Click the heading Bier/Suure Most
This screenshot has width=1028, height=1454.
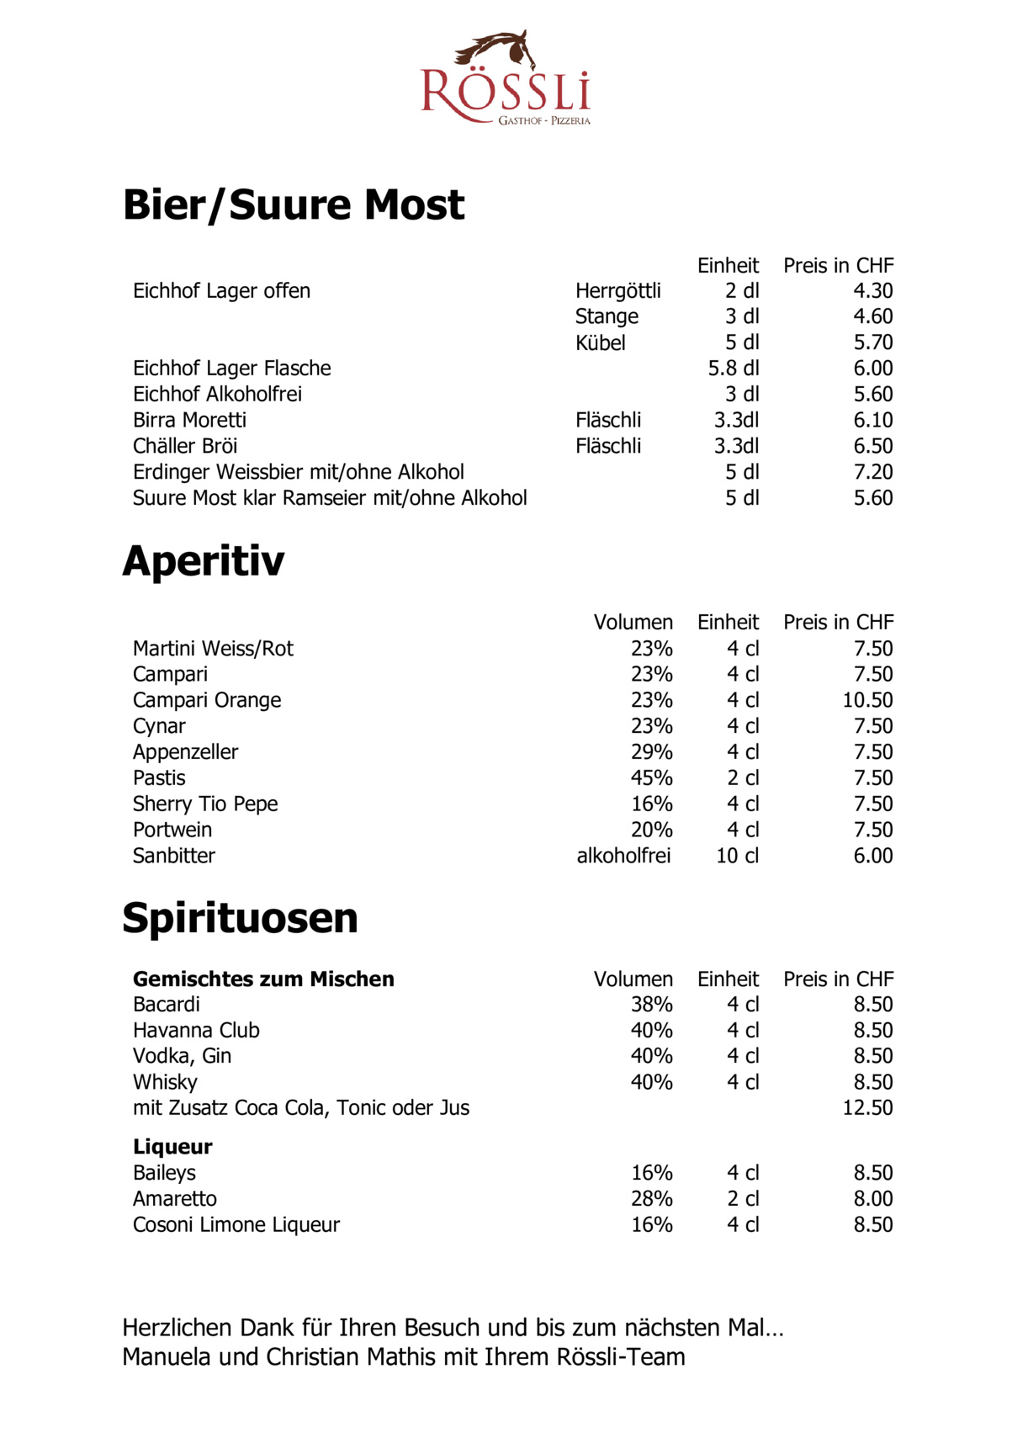coord(293,204)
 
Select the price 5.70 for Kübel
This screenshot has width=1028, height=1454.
coord(872,342)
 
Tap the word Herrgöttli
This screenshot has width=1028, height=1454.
coord(617,291)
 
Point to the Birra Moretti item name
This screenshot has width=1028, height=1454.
coord(189,420)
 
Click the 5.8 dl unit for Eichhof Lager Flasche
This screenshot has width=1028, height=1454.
coord(733,369)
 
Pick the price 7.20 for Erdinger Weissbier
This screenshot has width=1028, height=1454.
coord(872,472)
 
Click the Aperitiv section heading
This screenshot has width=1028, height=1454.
coord(204,560)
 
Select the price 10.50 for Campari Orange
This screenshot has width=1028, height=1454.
coord(867,700)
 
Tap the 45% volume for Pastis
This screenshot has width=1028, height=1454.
coord(651,778)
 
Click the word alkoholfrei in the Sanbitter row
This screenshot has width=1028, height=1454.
coord(623,856)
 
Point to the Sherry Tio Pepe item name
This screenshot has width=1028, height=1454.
coord(205,804)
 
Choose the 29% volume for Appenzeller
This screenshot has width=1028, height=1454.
coord(651,752)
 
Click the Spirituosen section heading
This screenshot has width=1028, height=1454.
coord(240,917)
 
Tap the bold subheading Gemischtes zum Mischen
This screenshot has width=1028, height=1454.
coord(263,979)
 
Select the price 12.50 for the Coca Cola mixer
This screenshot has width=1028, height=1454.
coord(867,1108)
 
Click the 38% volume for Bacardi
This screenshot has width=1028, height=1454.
coord(651,1005)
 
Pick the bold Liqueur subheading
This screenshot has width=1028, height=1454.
coord(172,1147)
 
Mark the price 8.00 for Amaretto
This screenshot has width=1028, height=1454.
coord(872,1199)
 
